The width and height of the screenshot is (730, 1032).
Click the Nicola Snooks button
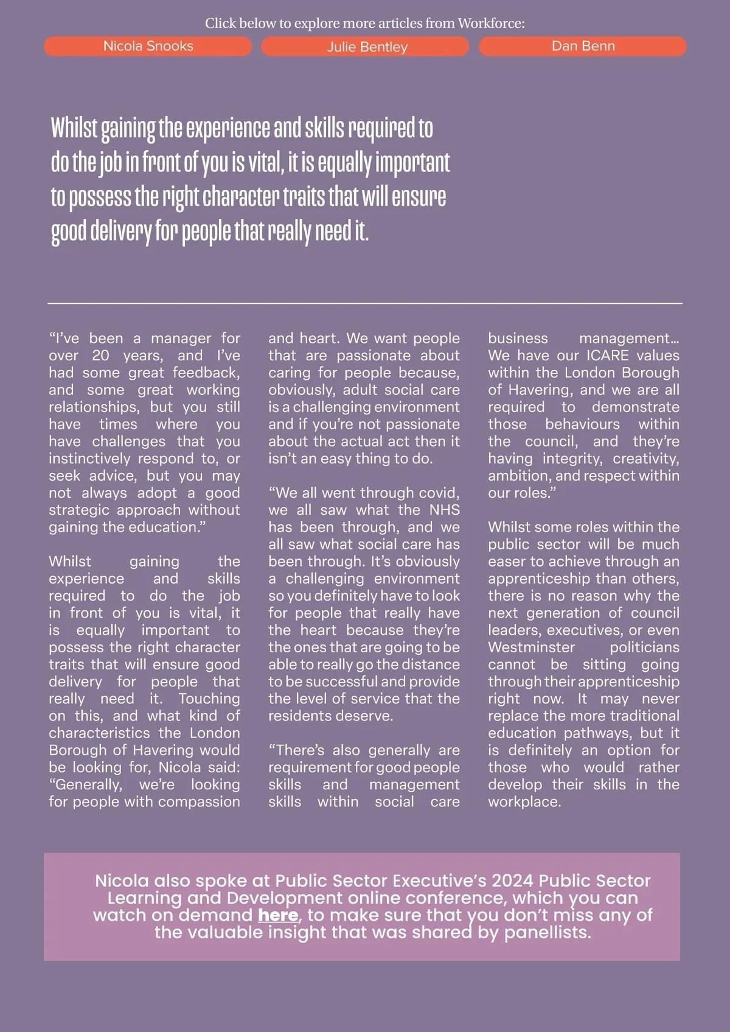point(148,46)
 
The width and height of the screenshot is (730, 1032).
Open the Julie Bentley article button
point(366,47)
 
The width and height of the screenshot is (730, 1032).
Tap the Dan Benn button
point(583,46)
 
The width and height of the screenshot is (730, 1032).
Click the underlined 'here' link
point(278,915)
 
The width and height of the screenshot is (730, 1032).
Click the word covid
point(439,493)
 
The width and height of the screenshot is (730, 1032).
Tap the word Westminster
point(531,647)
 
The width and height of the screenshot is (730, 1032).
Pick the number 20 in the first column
point(100,355)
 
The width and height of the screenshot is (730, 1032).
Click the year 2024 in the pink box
point(512,880)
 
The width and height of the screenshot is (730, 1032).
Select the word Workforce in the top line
point(490,24)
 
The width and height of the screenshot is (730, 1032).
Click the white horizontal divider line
point(365,302)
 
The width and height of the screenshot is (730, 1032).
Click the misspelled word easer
point(506,562)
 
